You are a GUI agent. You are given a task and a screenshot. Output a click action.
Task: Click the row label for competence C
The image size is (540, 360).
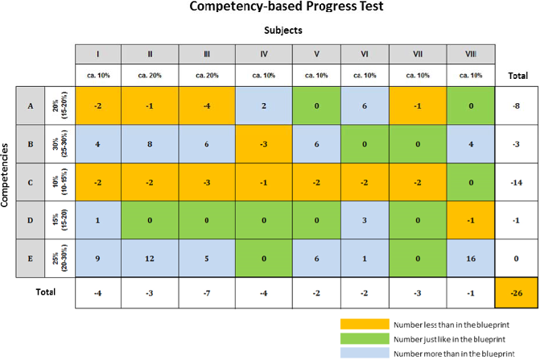(29, 184)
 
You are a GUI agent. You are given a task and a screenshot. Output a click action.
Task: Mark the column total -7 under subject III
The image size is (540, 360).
(207, 294)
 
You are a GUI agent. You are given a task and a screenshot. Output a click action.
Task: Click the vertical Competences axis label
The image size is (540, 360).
(7, 184)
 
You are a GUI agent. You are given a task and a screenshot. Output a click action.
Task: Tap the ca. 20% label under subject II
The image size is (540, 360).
(150, 75)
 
